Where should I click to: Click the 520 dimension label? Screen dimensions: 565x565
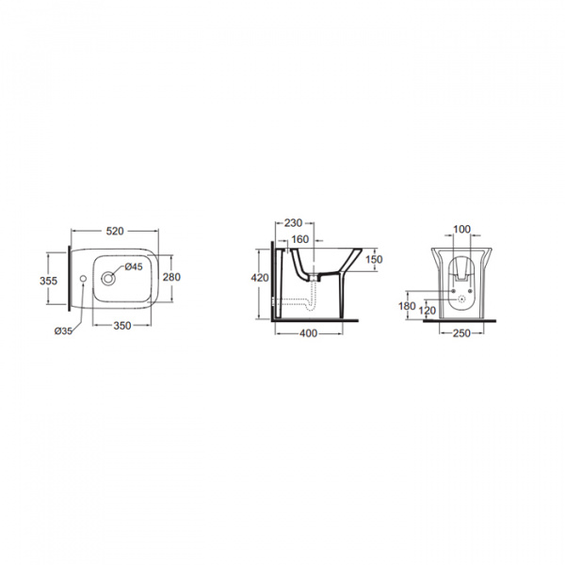coord(115,231)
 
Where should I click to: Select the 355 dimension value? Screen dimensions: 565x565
coord(48,281)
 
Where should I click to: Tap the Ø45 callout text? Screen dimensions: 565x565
coord(134,266)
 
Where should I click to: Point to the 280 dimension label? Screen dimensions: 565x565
coord(171,277)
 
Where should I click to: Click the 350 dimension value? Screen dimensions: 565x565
coord(122,326)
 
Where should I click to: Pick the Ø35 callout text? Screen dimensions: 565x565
coord(63,331)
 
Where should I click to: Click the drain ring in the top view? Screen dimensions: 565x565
coord(107,279)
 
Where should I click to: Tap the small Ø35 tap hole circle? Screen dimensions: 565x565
coord(83,279)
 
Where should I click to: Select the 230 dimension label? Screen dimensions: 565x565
coord(293,223)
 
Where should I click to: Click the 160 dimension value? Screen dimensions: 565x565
coord(299,239)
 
